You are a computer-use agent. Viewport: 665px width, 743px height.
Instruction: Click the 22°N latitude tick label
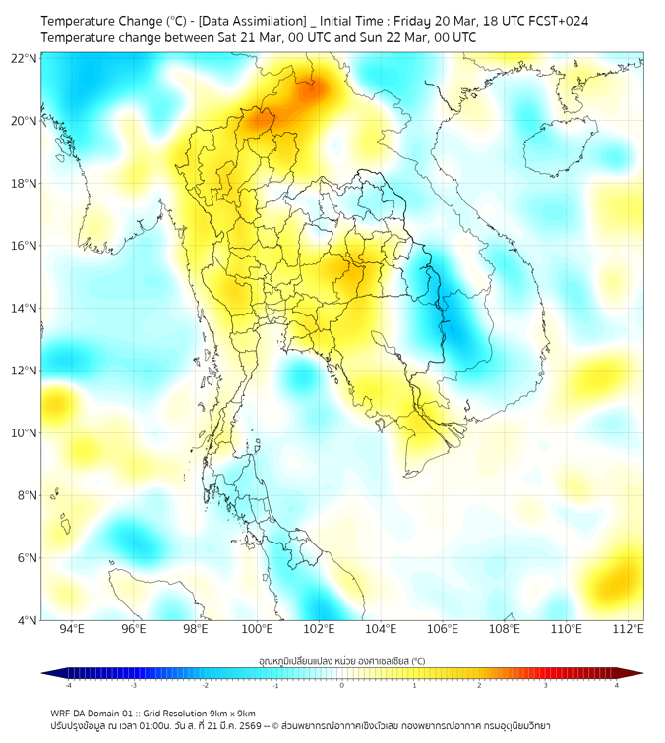25,59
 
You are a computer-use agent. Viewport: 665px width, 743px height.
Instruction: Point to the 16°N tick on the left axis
25,246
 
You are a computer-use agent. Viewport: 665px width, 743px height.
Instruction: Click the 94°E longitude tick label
72,629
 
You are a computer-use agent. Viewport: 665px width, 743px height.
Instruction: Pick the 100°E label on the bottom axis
257,629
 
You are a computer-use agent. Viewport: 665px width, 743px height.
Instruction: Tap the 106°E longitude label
443,629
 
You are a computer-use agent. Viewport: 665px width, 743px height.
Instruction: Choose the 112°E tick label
628,629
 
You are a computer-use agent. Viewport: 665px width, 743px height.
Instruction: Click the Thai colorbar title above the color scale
341,660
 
